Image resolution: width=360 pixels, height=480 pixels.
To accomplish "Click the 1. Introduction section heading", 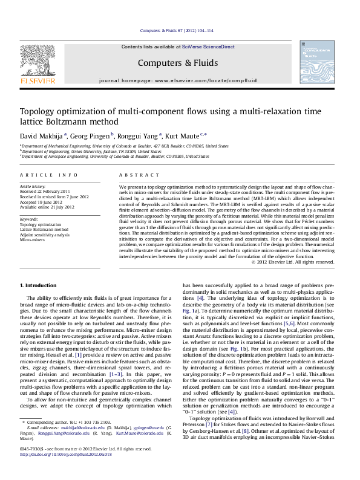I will point(39,285).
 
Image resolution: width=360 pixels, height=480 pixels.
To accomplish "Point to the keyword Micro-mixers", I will point(32,239).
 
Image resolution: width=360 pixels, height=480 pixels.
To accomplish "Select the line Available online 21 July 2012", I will point(47,207).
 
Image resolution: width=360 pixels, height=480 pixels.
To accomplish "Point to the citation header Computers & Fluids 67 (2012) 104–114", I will point(180,30).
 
